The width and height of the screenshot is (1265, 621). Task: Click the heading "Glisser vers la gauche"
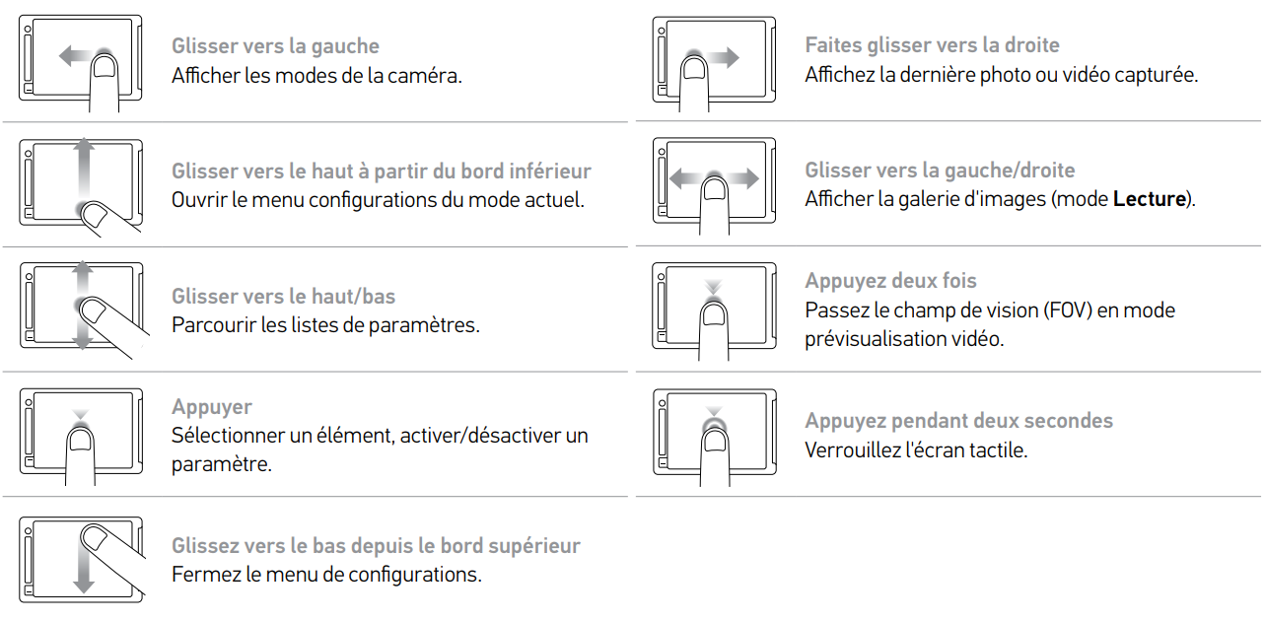(x=276, y=46)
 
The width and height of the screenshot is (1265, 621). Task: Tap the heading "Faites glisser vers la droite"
(x=933, y=45)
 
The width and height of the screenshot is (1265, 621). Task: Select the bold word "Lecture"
(x=1150, y=199)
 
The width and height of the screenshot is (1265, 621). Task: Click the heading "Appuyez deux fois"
(x=890, y=281)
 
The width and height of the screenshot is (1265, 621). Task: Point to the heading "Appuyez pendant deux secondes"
(x=959, y=421)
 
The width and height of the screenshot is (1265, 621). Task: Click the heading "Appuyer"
(x=212, y=407)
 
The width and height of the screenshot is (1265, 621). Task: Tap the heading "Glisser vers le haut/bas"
(x=284, y=296)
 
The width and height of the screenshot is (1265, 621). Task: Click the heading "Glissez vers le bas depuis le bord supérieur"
(x=376, y=546)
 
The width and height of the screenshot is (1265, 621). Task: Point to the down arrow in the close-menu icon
(x=84, y=565)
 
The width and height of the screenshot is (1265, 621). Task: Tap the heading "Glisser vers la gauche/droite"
(x=940, y=171)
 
